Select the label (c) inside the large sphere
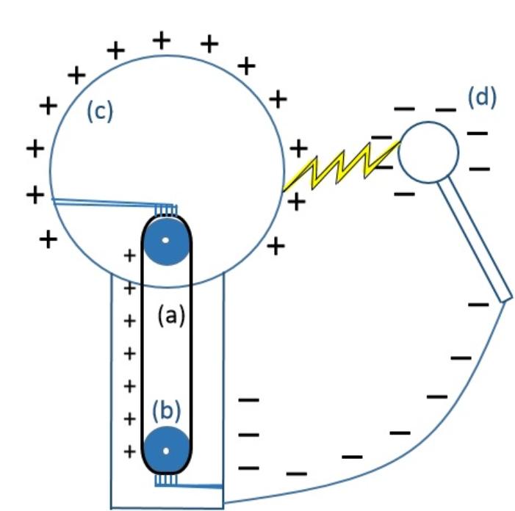99,112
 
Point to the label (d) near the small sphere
481,98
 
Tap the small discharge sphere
428,151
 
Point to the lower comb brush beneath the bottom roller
166,480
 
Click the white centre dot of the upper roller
166,240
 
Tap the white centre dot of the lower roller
167,449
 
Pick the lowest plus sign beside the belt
129,451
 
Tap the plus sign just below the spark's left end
296,200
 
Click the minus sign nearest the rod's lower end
479,302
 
